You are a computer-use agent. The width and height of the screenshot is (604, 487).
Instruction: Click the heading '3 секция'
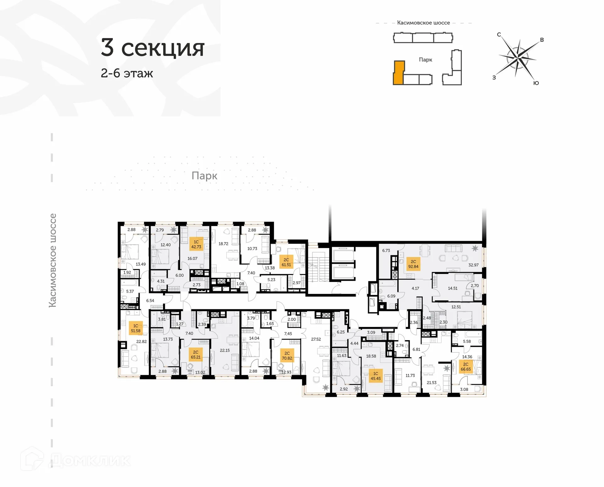click(153, 48)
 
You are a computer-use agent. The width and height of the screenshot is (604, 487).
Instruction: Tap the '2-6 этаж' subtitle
click(127, 73)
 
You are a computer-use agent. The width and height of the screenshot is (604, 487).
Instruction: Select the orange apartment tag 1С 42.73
click(196, 244)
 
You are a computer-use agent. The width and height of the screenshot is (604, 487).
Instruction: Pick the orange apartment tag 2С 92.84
click(413, 264)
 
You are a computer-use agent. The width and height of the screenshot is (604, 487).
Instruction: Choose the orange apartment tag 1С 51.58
click(136, 328)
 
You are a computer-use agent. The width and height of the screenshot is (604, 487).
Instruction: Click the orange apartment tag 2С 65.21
click(195, 355)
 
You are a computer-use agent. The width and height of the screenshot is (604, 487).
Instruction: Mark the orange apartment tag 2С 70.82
click(287, 356)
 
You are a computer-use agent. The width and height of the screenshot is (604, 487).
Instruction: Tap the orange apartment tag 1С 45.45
click(375, 376)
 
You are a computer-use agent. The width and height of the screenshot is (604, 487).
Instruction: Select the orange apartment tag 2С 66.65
click(466, 367)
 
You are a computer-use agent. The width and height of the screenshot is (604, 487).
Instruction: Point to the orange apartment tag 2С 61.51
click(286, 262)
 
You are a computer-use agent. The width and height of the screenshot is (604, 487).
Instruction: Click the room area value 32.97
click(473, 265)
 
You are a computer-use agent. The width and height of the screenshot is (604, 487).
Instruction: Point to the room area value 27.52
click(316, 339)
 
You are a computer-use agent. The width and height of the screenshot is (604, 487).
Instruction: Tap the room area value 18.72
click(223, 244)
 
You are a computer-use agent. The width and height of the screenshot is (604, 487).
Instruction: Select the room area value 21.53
click(431, 383)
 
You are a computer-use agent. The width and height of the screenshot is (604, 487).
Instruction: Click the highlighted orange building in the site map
click(398, 73)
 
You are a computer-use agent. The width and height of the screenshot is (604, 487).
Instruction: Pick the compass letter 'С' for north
click(499, 35)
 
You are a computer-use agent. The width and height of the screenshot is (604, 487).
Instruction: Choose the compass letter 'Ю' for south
click(536, 83)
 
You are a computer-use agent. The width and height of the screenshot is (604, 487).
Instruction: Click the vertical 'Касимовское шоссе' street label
click(53, 260)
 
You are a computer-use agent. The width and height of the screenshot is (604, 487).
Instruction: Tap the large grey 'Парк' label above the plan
click(204, 176)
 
